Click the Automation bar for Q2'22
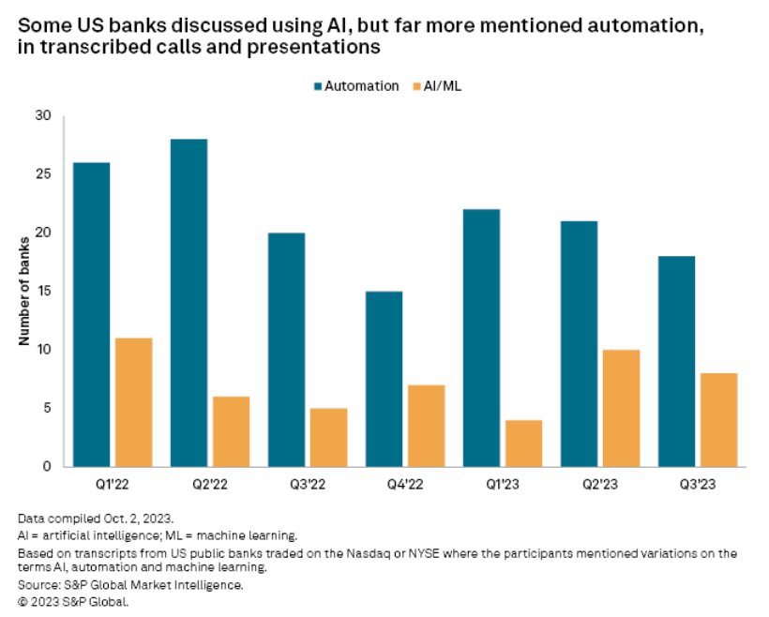188,302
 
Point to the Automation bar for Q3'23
676,361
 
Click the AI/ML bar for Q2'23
621,408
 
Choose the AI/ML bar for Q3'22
328,437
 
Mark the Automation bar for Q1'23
481,338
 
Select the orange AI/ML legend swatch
415,85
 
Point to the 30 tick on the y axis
42,116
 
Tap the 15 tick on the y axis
42,292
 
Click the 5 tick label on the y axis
46,408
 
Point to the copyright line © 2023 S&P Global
72,601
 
